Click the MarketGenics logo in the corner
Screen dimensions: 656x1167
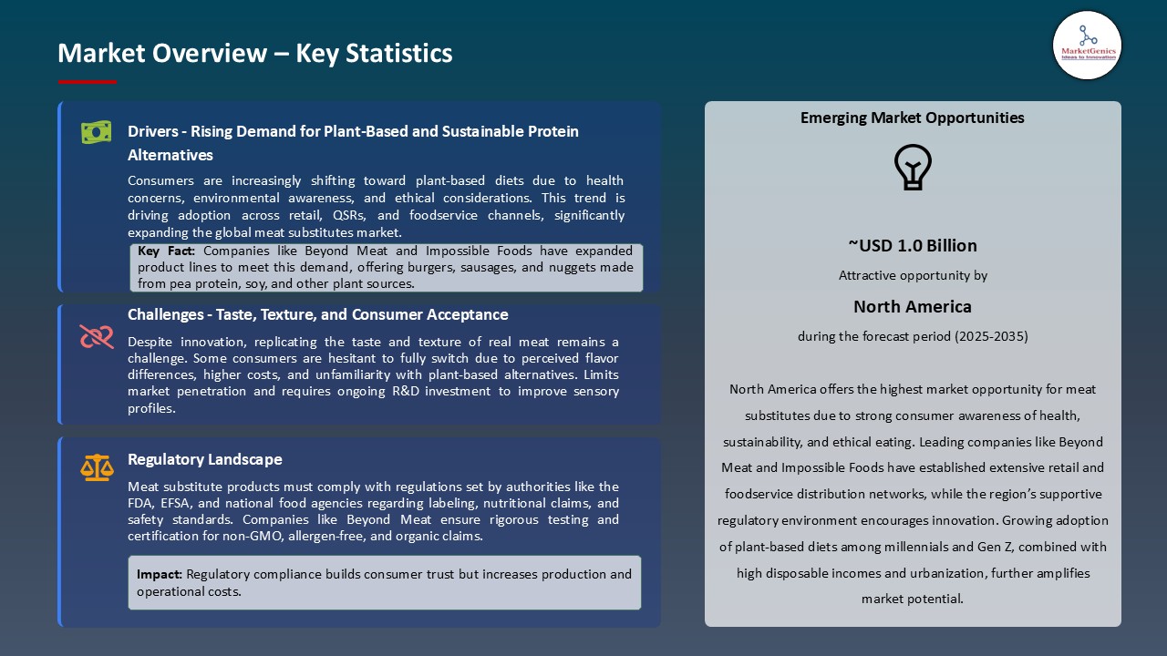click(1087, 45)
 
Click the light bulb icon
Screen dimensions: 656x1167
click(913, 168)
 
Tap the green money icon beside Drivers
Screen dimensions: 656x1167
click(97, 133)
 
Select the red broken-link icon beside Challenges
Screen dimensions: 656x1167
click(97, 337)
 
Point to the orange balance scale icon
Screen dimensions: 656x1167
click(97, 468)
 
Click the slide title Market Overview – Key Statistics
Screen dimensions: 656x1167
click(255, 53)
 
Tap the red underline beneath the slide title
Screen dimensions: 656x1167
click(88, 82)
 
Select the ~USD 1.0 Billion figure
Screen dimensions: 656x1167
click(913, 245)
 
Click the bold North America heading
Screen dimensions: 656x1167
click(913, 306)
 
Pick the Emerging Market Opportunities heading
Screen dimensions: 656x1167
click(913, 118)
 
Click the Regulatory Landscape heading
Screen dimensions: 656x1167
click(205, 459)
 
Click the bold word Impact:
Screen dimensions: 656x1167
click(160, 574)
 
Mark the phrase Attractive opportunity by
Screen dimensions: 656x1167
click(913, 275)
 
